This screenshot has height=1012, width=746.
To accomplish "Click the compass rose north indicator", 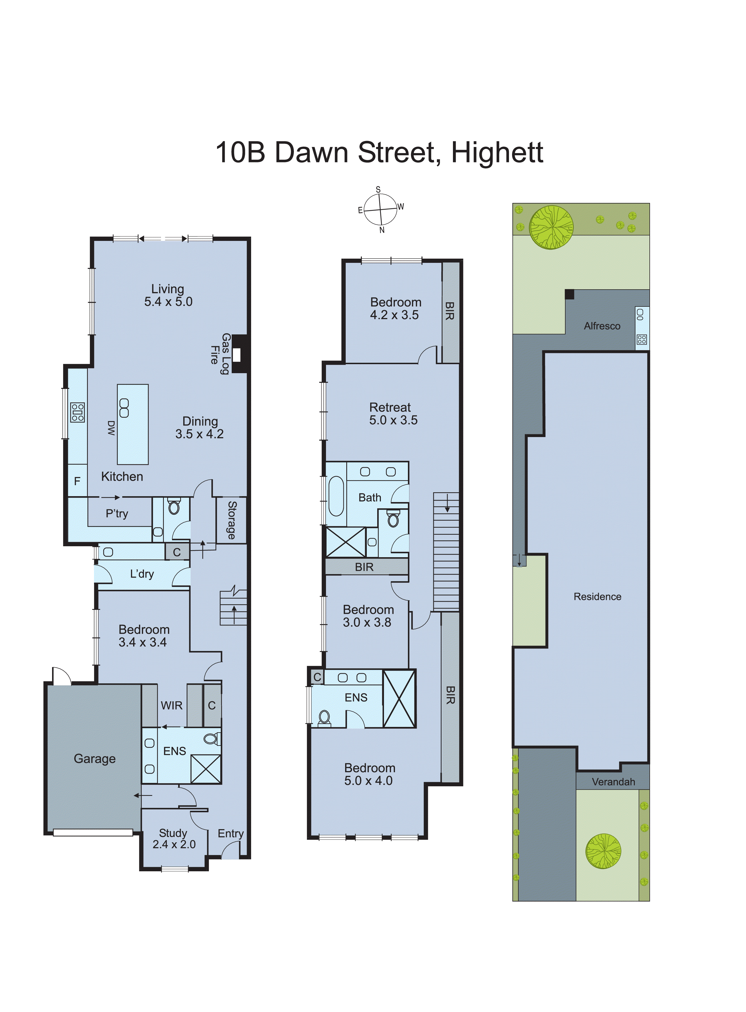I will (x=382, y=230).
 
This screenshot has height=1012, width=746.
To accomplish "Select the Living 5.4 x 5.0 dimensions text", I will (x=168, y=301).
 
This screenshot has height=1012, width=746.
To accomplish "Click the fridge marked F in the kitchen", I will (x=77, y=481).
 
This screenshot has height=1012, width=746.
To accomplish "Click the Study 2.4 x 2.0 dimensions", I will (x=174, y=844).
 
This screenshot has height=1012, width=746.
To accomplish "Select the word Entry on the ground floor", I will (x=230, y=833).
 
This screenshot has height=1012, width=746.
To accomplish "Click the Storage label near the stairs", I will (x=232, y=520).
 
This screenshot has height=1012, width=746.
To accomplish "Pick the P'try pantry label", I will (x=117, y=514).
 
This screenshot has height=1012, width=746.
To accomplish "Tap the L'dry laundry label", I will (x=142, y=574).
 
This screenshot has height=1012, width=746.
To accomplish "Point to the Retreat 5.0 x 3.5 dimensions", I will (x=393, y=420).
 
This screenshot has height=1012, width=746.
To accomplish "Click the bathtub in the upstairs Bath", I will (x=336, y=496).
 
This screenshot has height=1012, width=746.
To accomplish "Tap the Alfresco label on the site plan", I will (x=602, y=326).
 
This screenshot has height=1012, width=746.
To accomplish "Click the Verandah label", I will (x=613, y=782).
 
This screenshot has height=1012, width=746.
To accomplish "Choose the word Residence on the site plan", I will (x=597, y=597).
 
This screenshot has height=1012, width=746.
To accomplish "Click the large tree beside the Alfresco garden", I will (x=551, y=227).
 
